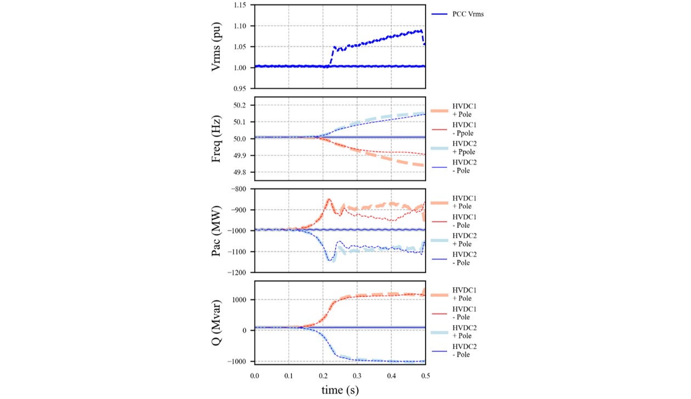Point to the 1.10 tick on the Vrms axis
tap(240, 26)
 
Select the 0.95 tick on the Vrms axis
tap(240, 88)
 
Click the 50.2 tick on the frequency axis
tap(240, 105)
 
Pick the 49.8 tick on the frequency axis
tap(240, 172)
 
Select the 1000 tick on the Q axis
tap(240, 300)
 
